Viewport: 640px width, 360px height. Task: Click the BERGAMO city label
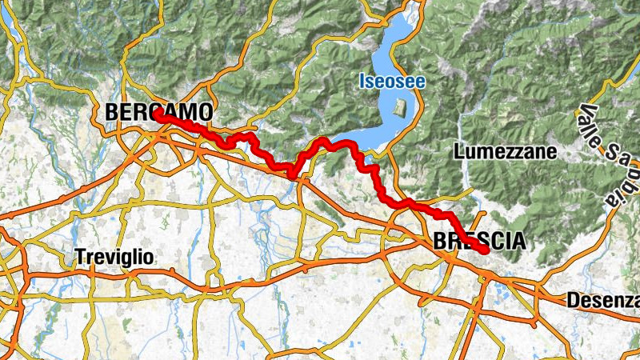[159, 112]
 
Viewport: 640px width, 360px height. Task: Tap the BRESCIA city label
[479, 240]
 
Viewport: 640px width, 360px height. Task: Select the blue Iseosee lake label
[392, 82]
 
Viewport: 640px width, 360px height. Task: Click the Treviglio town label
[114, 258]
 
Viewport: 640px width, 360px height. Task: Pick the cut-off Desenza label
[602, 301]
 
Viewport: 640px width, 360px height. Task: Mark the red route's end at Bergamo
[158, 116]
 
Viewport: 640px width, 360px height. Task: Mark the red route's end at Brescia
[485, 251]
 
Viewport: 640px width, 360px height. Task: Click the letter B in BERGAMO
[113, 112]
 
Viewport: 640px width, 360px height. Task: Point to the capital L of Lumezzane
[459, 150]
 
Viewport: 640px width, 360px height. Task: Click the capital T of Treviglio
[79, 258]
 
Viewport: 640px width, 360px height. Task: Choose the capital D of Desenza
[572, 301]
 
